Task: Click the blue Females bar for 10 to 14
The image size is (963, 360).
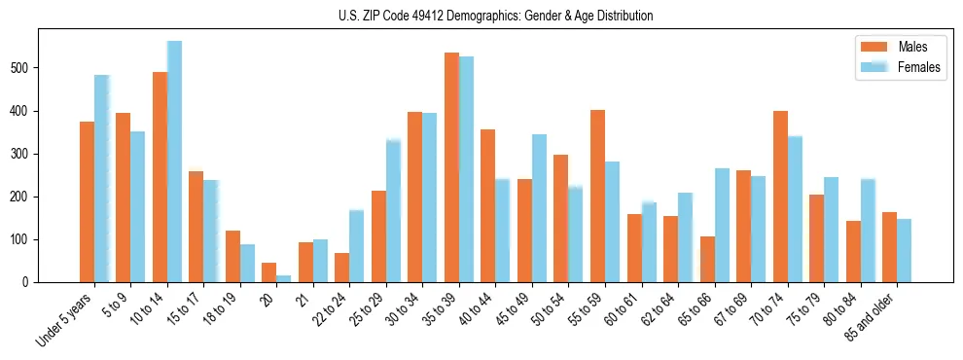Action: (174, 162)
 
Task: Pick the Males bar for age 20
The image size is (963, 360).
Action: (269, 272)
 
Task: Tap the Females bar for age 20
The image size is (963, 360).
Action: (283, 278)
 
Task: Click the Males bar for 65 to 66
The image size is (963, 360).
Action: (707, 259)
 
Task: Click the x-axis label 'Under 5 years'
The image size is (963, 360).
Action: (64, 320)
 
